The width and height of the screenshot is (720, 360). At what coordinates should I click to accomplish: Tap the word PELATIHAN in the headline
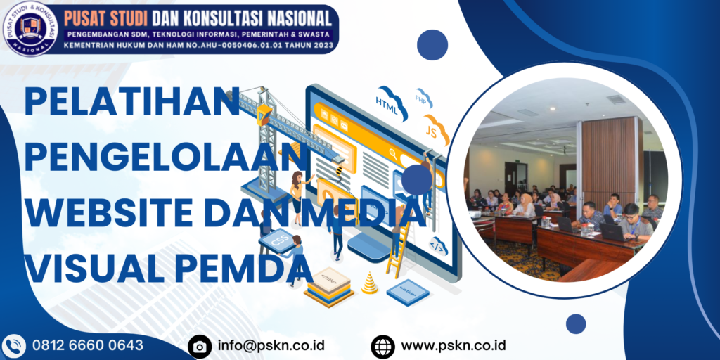[132, 103]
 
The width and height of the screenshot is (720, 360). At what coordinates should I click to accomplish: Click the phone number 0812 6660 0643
[88, 345]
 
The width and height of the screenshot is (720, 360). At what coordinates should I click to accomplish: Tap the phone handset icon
[13, 346]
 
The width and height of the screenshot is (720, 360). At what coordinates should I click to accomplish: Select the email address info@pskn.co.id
[271, 345]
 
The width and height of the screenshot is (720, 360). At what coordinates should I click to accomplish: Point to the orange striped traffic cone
[369, 283]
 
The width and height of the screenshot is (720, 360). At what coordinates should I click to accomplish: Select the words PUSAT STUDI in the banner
[104, 15]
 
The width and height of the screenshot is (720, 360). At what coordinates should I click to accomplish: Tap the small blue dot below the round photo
[576, 323]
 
